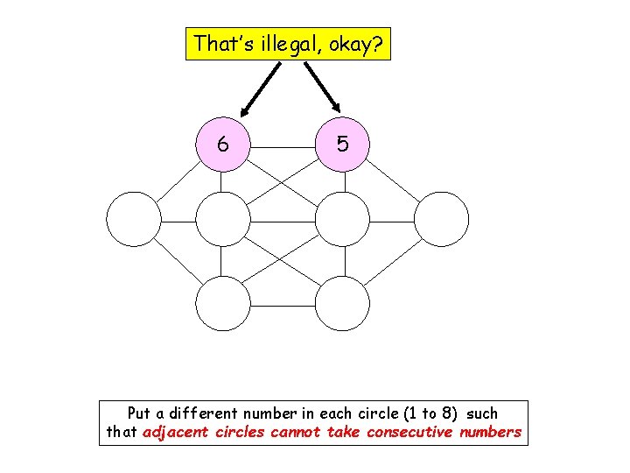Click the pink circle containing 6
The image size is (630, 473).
coord(223,145)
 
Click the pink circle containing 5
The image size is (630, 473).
coord(342,145)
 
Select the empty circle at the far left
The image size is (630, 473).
coord(133,219)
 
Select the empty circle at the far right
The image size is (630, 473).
coord(442,219)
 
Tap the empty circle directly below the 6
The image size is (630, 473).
coord(223,219)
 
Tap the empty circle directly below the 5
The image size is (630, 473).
coord(342,219)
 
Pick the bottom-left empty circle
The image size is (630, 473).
coord(223,304)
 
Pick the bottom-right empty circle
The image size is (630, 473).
coord(342,304)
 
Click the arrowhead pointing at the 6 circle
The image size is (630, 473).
coord(247,111)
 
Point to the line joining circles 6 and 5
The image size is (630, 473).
coord(283,145)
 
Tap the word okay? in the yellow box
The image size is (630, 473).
coord(358,43)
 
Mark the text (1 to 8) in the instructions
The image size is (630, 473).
coord(423,413)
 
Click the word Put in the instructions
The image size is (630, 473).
coord(139,413)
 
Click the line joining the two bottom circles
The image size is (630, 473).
coord(283,304)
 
